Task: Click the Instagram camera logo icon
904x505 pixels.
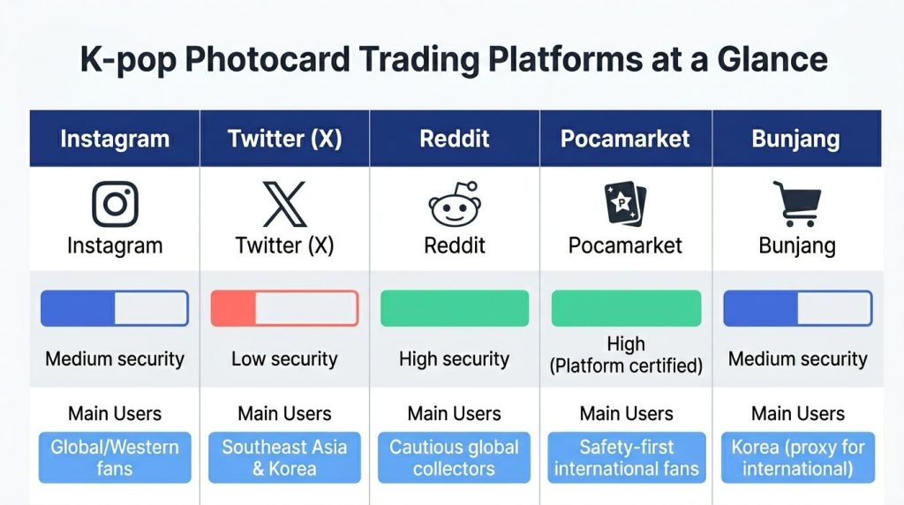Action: pos(116,204)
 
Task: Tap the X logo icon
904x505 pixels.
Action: pos(285,204)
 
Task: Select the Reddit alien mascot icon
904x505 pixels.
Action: pos(455,204)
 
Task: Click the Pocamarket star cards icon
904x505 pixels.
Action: pos(625,203)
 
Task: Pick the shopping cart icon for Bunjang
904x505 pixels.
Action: pos(797,204)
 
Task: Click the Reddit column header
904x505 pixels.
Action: pos(455,139)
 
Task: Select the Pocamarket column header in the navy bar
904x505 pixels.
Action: pos(625,139)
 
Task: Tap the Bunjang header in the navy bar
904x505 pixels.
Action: pos(795,139)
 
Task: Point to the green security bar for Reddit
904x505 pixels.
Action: pos(455,308)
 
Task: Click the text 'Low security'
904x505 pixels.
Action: pos(284,358)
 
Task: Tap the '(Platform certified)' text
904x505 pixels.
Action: pos(626,366)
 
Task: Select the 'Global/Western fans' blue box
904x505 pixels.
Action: pos(115,457)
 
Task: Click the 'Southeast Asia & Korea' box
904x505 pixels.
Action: pos(285,457)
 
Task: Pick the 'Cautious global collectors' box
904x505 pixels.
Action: pos(455,457)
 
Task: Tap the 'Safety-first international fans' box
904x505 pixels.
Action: pos(627,457)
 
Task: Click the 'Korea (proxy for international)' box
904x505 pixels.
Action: pos(798,457)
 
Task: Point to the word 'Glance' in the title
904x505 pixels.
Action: pos(772,59)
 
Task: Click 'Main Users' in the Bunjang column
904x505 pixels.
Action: pos(798,413)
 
